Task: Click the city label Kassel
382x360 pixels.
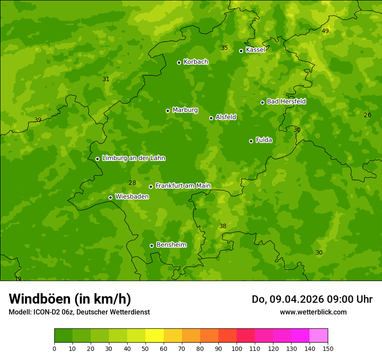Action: coord(255,50)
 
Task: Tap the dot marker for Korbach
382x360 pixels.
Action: coord(179,62)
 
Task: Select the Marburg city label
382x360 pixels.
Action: coord(185,110)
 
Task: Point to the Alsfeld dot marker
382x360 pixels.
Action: coord(211,118)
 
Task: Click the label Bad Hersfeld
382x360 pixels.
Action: coord(286,101)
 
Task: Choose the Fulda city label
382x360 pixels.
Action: coord(264,140)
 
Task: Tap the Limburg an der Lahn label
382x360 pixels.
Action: coord(133,158)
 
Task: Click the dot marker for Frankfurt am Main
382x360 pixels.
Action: coord(151,187)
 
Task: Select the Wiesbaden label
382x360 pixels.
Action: coord(132,197)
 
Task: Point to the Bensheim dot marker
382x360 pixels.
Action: coord(151,245)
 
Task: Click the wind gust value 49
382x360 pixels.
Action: coord(325,31)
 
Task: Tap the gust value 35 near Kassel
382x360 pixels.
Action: coord(224,48)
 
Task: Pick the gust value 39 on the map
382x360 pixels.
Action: coord(38,120)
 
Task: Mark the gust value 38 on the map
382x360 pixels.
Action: coord(223,226)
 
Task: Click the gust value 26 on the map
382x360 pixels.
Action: coord(367,115)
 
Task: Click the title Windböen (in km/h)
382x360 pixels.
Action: coord(70,299)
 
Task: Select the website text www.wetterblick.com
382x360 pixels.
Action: coord(313,312)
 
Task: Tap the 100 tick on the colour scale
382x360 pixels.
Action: coord(237,348)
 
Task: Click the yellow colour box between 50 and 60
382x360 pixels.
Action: coord(155,336)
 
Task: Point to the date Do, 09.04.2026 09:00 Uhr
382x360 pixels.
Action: coord(312,299)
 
